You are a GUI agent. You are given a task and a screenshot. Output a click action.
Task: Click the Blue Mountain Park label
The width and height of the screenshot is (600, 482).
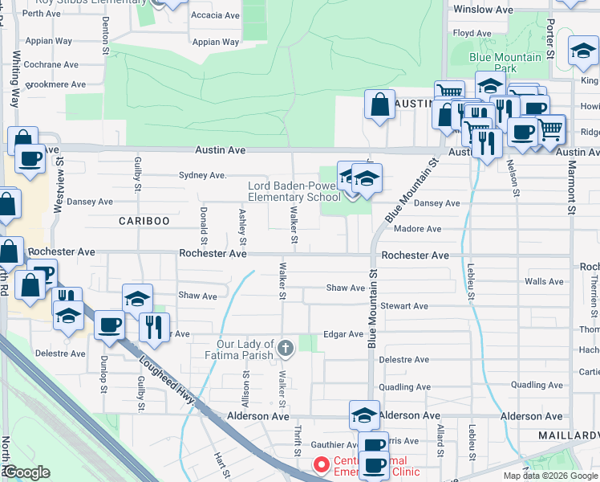(x=505, y=63)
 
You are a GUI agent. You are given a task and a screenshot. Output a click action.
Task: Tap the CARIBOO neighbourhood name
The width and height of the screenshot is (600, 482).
(x=144, y=220)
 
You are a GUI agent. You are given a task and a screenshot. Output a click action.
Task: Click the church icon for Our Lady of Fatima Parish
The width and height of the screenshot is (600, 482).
(x=286, y=348)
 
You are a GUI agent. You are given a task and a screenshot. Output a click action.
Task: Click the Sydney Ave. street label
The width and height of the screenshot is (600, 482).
(x=203, y=174)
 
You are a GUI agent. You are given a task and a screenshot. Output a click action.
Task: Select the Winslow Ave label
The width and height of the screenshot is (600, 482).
(x=483, y=10)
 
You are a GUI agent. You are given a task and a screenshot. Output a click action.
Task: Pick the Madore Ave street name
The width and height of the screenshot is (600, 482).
(x=417, y=229)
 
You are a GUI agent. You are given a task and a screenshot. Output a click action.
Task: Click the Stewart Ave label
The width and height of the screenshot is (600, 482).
(x=405, y=306)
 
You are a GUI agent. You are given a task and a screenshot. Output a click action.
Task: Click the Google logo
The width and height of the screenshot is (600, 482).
(x=26, y=472)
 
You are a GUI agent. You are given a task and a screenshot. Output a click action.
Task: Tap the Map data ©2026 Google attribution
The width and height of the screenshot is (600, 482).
(x=549, y=476)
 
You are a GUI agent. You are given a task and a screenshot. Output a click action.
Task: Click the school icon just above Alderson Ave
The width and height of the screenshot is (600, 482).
(x=364, y=415)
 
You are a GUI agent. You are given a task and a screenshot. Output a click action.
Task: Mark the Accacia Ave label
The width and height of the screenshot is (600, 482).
(x=215, y=15)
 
